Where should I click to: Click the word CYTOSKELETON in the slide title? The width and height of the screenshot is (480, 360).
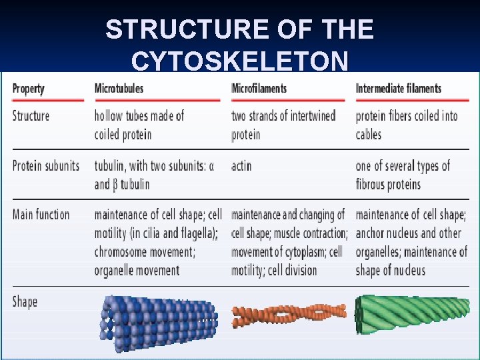pos(239,61)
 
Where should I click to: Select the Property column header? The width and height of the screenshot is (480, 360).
pos(28,89)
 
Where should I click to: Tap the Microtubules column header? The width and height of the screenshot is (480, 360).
pos(119,89)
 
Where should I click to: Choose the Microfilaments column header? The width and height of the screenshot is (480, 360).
pos(259,89)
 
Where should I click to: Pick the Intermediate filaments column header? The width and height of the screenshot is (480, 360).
pos(398,89)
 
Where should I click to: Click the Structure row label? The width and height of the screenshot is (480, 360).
pos(31,116)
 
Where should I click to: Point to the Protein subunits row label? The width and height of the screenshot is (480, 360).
pos(45,165)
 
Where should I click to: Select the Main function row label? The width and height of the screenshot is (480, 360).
pos(41,215)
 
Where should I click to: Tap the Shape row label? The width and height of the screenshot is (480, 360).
pos(25,302)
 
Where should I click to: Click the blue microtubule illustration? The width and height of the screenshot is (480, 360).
pos(159,323)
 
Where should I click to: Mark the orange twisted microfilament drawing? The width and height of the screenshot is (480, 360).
pos(289,314)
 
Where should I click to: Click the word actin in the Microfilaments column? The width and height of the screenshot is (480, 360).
pos(241,166)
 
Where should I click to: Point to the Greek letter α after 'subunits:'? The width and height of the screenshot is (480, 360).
pos(211,166)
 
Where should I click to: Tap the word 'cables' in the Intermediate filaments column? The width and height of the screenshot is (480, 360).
pos(368,135)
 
